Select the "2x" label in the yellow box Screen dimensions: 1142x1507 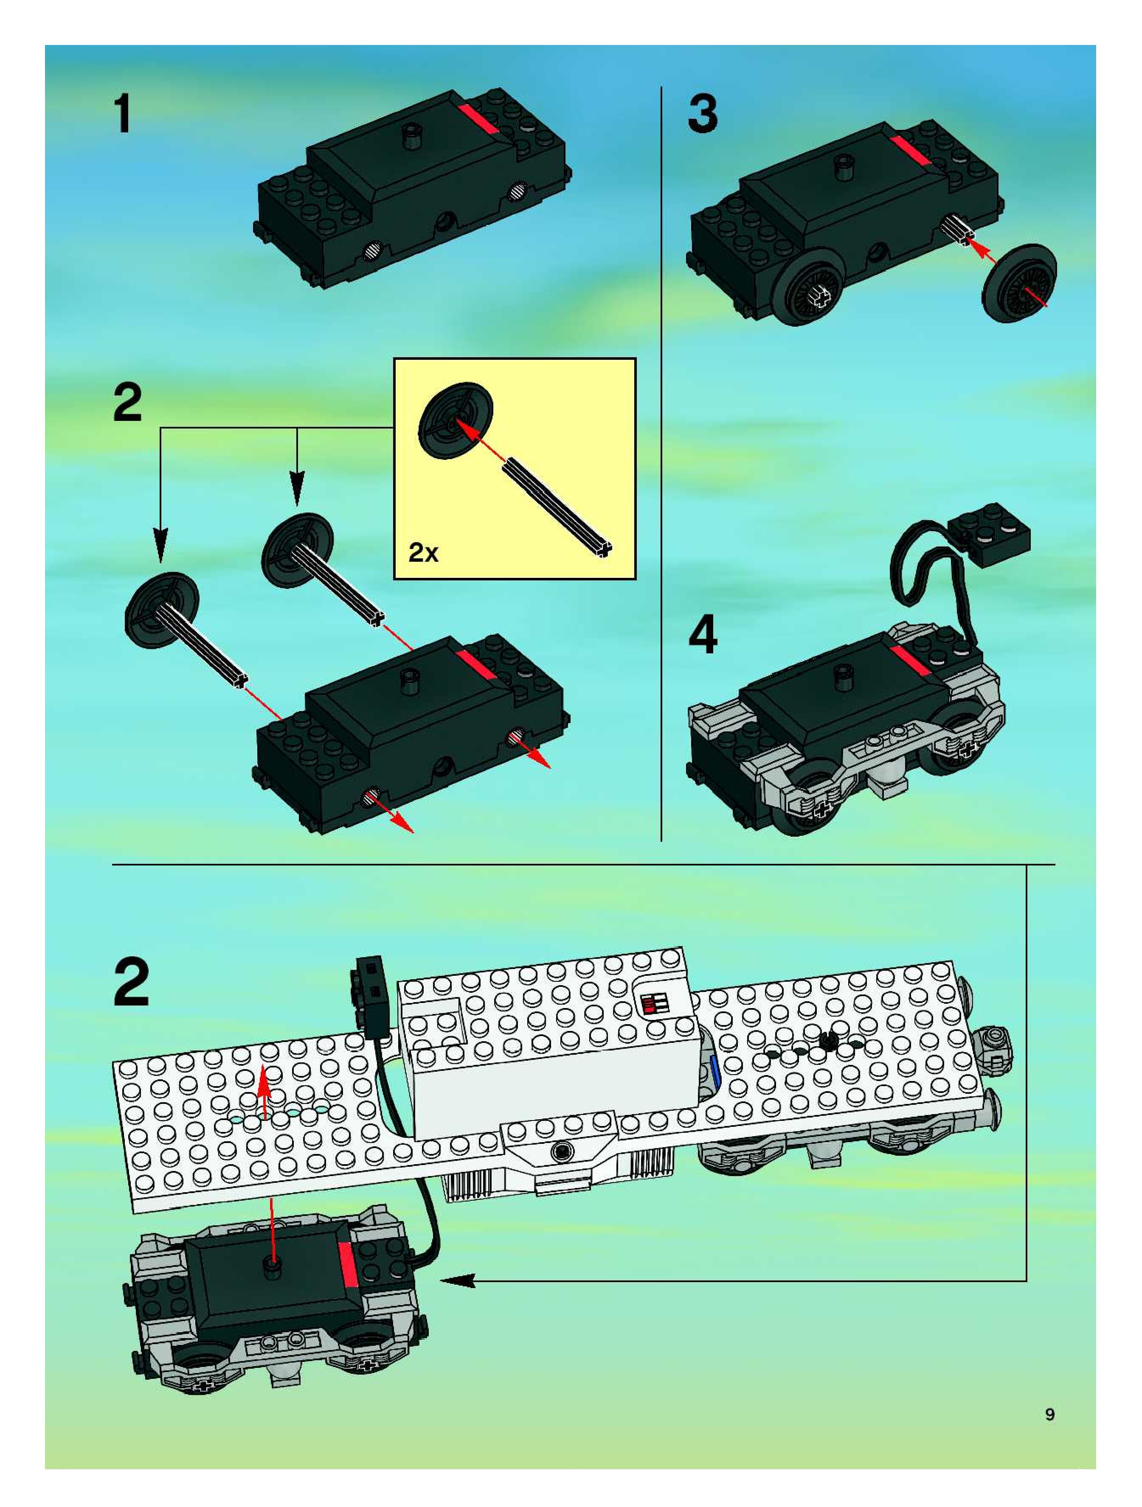[x=423, y=552]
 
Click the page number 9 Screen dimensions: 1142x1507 [x=1050, y=1415]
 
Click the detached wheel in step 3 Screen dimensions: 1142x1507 [x=1018, y=283]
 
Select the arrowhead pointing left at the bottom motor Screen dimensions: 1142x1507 [x=457, y=1281]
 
